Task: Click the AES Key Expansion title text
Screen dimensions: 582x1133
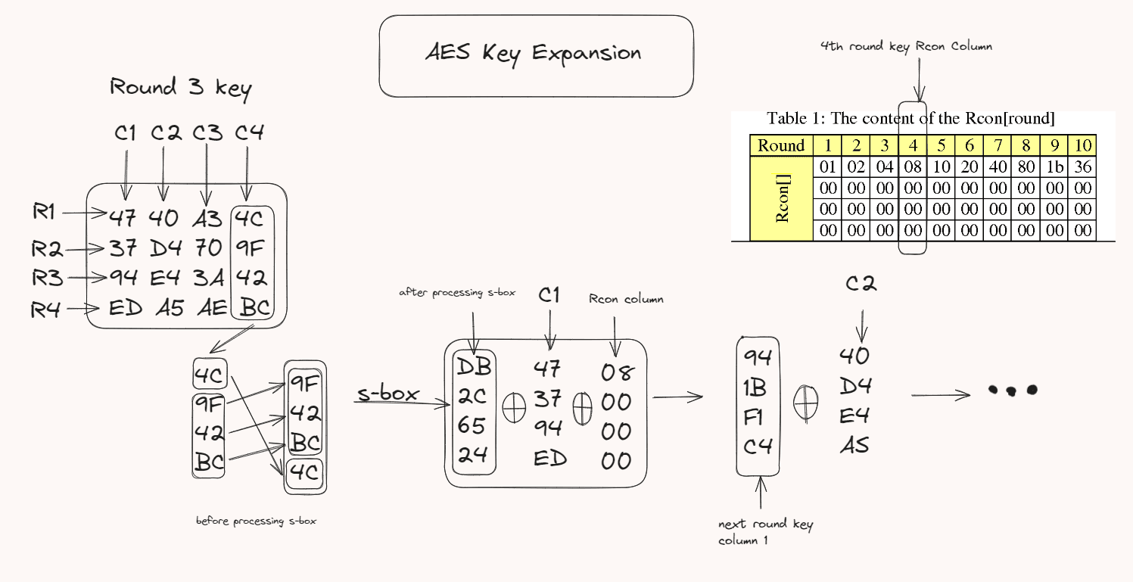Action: pyautogui.click(x=534, y=54)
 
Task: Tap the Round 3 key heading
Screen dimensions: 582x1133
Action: pyautogui.click(x=180, y=89)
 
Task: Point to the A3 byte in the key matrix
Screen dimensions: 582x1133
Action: pyautogui.click(x=207, y=219)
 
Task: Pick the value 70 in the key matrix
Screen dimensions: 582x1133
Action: pyautogui.click(x=208, y=248)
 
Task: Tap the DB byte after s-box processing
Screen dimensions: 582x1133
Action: pyautogui.click(x=474, y=368)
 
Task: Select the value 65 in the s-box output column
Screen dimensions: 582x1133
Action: pyautogui.click(x=472, y=426)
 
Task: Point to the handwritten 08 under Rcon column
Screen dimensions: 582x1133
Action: pyautogui.click(x=618, y=372)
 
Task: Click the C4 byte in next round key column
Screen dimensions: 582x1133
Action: pyautogui.click(x=758, y=447)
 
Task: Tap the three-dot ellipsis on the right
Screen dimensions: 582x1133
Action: pyautogui.click(x=1012, y=391)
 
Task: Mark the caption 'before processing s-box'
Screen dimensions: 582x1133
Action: pyautogui.click(x=256, y=521)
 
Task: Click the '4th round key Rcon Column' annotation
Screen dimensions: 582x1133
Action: pyautogui.click(x=906, y=47)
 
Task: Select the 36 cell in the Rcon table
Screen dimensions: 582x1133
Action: pyautogui.click(x=1083, y=167)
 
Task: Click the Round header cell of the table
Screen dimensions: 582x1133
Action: pyautogui.click(x=781, y=146)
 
